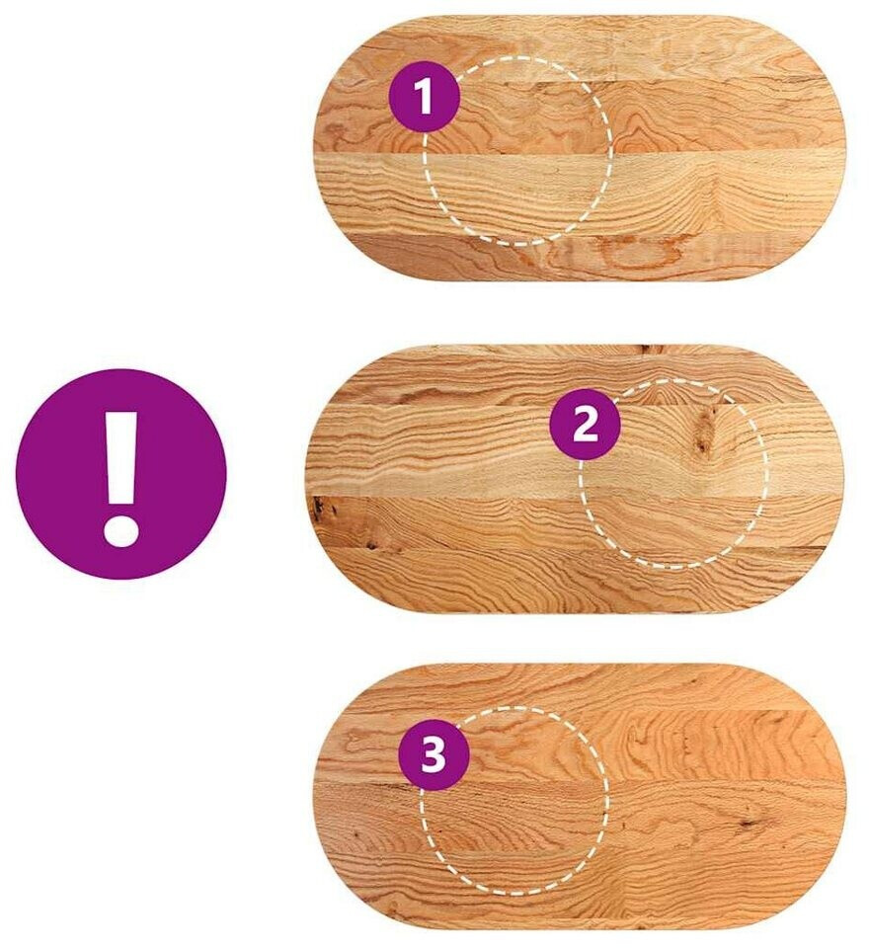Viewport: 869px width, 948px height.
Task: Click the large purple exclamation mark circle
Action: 120,475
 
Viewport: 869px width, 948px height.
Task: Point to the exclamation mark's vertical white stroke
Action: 120,459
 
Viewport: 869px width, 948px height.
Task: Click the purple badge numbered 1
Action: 426,97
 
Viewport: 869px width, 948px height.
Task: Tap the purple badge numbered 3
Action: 434,754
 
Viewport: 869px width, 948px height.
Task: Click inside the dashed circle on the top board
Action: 517,151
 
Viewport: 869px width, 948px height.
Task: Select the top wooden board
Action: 579,148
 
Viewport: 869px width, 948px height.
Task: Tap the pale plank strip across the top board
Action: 579,194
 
